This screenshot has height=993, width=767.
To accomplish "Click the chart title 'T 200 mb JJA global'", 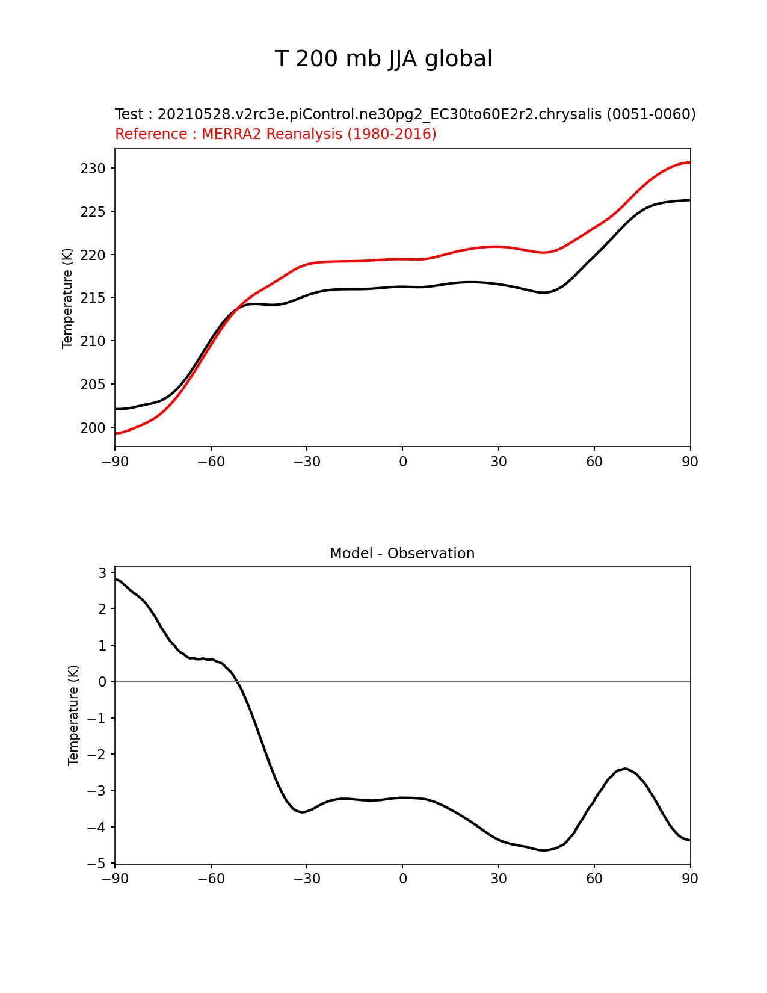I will click(383, 59).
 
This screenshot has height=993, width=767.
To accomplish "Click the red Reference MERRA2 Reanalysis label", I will click(276, 134).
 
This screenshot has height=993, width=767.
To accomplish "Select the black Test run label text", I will click(405, 114).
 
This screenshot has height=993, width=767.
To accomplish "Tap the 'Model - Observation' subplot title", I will click(402, 554).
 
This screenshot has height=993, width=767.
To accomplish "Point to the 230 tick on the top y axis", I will click(93, 169).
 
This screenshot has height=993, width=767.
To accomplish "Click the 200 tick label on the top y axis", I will click(93, 428).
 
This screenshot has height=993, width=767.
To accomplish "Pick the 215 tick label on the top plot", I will click(93, 299).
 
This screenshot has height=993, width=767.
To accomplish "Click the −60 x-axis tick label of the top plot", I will click(211, 462).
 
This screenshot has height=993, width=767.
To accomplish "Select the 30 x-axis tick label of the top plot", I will click(498, 462).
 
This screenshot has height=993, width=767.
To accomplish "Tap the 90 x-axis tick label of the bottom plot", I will click(690, 879).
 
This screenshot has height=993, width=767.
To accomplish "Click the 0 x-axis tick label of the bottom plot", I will click(402, 879).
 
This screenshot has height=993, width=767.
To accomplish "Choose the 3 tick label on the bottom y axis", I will click(102, 573).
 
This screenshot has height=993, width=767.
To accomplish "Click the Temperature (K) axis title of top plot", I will click(67, 298).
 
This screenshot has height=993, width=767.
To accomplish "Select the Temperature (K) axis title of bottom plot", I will click(73, 715).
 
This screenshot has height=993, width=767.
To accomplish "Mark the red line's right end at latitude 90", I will click(689, 162).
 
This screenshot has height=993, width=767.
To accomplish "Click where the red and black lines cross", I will click(237, 308).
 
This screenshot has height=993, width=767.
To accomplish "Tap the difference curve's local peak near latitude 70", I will click(626, 769).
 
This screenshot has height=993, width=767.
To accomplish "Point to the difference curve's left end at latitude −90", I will click(116, 579).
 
